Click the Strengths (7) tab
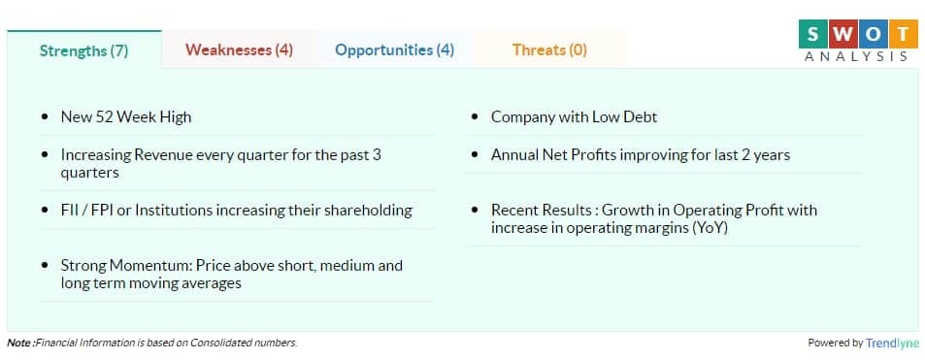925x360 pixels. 83,50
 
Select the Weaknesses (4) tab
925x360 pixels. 239,49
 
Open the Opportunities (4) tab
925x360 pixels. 395,49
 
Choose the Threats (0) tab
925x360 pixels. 549,49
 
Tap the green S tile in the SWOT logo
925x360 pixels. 812,34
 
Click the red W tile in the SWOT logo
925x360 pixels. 843,34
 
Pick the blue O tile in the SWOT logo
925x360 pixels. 874,34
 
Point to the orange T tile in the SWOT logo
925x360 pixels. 905,34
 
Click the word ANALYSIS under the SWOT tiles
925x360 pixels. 856,56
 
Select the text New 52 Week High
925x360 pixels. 126,116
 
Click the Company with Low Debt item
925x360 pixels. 574,116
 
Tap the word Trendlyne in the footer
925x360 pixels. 892,343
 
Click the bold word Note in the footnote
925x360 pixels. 19,343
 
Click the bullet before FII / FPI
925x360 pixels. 45,211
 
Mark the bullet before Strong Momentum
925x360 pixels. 45,266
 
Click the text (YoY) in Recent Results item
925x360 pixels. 710,228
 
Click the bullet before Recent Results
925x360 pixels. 475,211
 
